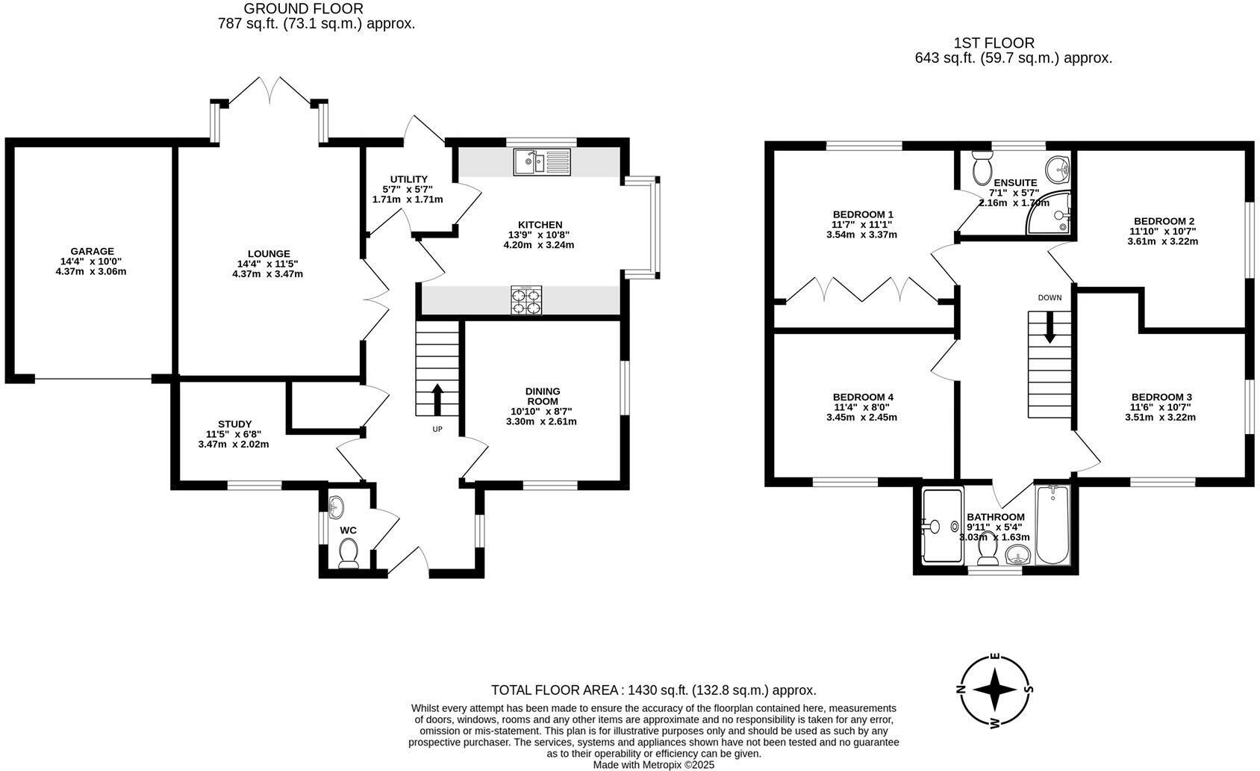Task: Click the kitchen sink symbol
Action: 541,162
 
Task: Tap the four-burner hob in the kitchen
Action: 526,300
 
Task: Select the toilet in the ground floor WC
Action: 348,554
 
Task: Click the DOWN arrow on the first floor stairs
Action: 1050,327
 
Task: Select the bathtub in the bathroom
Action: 1052,524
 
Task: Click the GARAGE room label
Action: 92,252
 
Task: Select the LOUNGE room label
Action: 269,254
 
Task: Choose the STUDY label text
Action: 234,424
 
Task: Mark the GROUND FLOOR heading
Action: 304,9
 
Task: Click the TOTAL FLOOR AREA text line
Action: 653,690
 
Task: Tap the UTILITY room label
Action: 409,179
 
